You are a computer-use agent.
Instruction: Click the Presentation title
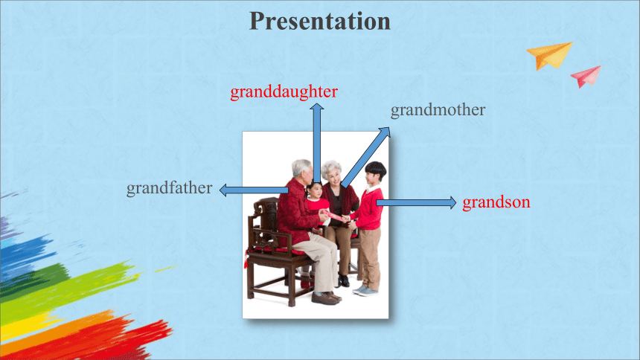[x=320, y=22]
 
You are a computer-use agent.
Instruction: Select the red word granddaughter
[x=284, y=92]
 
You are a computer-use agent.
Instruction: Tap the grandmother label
[x=438, y=109]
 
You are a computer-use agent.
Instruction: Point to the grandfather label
[x=170, y=188]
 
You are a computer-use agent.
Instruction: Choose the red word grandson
[x=496, y=202]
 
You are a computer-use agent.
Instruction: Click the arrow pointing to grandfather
[x=254, y=190]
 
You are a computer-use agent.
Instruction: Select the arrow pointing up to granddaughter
[x=317, y=144]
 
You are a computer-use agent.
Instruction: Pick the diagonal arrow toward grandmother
[x=365, y=157]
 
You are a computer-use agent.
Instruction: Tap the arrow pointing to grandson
[x=416, y=202]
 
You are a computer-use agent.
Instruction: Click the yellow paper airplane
[x=550, y=55]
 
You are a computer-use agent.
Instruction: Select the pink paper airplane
[x=586, y=76]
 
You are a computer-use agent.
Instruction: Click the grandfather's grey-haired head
[x=301, y=168]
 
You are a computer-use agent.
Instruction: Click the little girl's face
[x=315, y=191]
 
